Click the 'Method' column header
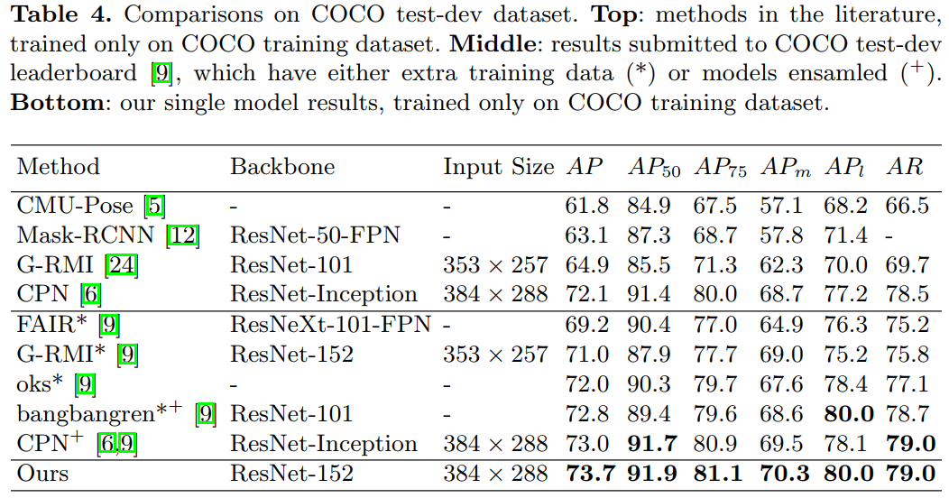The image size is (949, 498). click(58, 167)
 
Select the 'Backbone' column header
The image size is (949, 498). click(282, 167)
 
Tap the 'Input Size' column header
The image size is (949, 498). click(498, 167)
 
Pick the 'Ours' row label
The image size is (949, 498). click(42, 474)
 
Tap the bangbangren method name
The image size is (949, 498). click(98, 414)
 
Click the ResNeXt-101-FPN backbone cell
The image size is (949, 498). click(330, 325)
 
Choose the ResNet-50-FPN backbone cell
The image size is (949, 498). click(315, 235)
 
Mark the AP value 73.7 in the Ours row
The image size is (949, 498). click(587, 474)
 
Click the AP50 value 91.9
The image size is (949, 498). click(651, 474)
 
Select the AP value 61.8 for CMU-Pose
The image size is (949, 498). click(587, 206)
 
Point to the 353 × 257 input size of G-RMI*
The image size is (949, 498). click(495, 355)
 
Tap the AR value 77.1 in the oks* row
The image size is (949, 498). click(908, 384)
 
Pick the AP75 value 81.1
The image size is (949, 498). click(716, 474)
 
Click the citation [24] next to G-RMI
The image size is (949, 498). click(122, 265)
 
